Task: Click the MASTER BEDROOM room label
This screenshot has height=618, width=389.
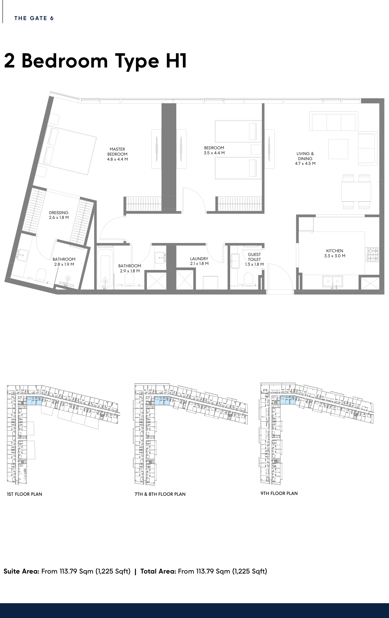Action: coord(117,152)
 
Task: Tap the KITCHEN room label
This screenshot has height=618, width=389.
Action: coord(335,251)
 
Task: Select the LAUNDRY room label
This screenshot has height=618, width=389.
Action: coord(199,259)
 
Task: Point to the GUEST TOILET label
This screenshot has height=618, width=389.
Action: coord(254,257)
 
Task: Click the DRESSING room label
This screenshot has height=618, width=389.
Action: coord(59,213)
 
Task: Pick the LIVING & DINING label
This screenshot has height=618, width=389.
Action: coord(305,156)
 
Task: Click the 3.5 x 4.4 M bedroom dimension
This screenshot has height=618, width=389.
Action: coord(214,153)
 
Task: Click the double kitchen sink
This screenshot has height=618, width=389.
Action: coord(332,281)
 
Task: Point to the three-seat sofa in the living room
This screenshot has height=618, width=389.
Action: coord(334,121)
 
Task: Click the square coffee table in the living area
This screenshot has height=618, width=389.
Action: coord(338,149)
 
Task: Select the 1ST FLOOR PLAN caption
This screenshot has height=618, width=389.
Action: coord(25,494)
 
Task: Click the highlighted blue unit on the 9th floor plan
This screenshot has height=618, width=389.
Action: coord(288,400)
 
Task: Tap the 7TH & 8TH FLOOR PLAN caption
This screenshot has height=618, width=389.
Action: coord(160,494)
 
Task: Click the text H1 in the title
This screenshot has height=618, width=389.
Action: coord(176,61)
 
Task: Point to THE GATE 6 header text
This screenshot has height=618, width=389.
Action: coord(34,18)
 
